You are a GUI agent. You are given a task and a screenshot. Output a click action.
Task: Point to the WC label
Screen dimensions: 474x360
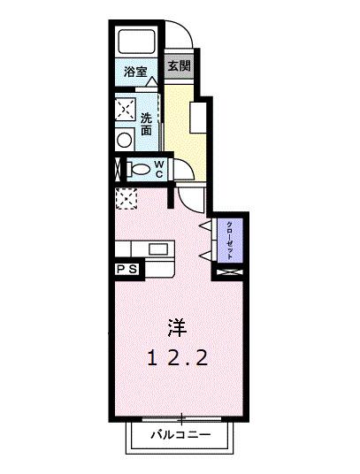[159, 168]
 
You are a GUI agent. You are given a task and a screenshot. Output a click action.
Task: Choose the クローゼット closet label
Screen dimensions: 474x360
[230, 238]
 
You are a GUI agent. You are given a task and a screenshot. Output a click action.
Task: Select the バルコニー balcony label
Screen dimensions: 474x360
[180, 435]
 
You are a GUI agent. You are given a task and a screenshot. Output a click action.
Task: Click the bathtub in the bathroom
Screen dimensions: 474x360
[136, 40]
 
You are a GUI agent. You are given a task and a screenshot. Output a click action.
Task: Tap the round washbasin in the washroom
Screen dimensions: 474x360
[123, 138]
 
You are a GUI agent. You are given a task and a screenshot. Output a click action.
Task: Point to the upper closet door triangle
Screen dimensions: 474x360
[204, 227]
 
